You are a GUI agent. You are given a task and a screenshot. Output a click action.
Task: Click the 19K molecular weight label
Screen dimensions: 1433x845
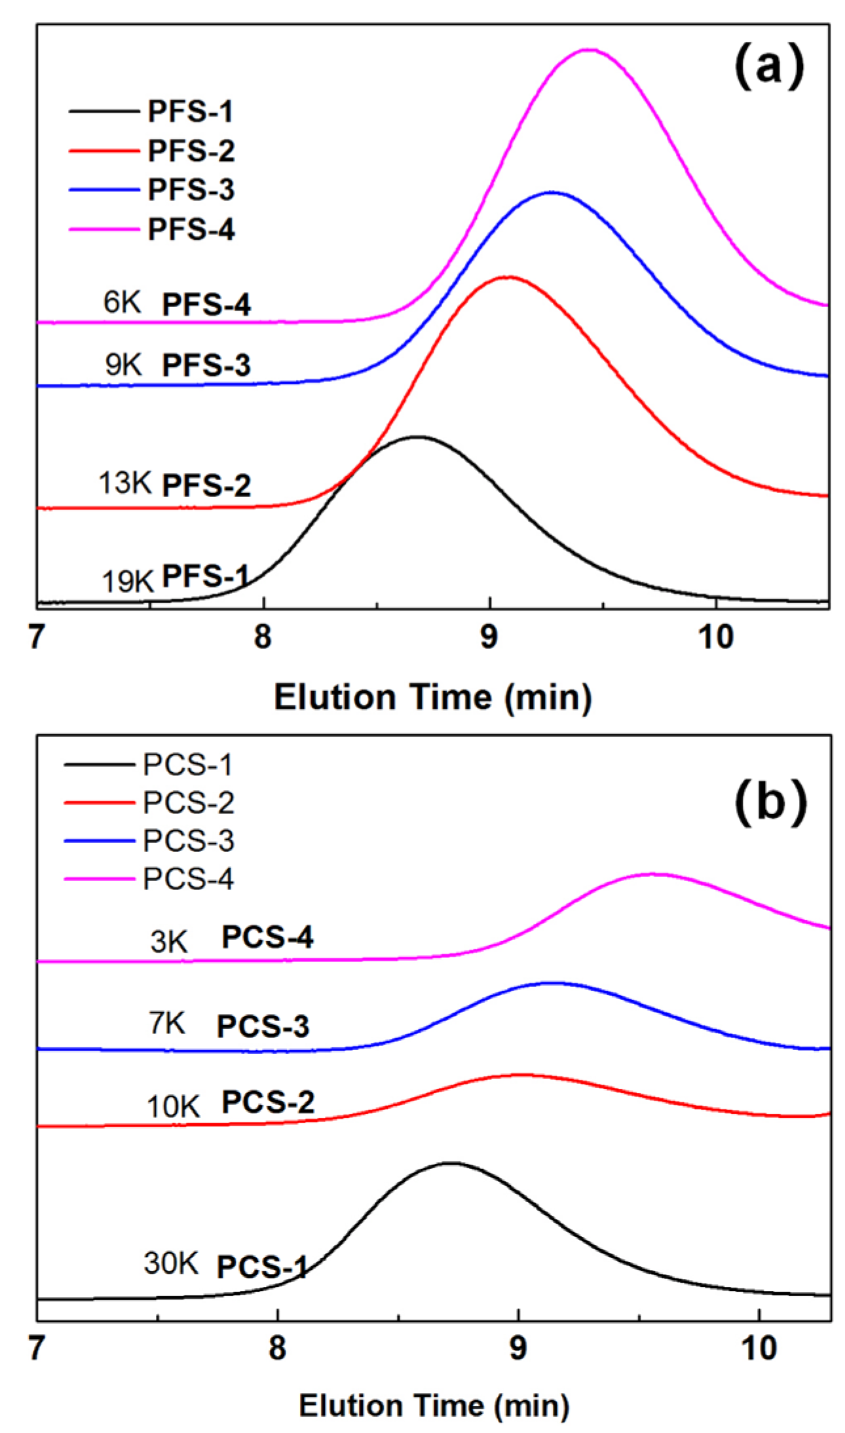coord(127,581)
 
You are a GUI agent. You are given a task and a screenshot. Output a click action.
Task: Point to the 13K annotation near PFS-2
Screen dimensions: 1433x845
coord(124,483)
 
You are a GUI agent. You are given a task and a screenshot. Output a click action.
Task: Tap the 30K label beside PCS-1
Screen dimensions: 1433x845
coord(170,1263)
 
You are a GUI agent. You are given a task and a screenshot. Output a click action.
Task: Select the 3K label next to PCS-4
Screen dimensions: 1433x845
coord(169,942)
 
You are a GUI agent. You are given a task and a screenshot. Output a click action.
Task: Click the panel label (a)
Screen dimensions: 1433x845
coord(768,67)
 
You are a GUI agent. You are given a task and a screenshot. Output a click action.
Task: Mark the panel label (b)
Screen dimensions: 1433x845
coord(770,802)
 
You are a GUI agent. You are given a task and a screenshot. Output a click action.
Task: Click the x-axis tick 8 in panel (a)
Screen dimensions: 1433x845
coord(263,637)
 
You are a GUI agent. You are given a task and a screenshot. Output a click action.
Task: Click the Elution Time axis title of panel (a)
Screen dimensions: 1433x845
coord(432,697)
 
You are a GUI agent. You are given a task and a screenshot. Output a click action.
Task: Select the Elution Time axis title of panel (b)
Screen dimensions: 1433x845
coord(434,1405)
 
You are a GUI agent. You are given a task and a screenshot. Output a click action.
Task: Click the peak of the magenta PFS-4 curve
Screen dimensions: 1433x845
coord(590,49)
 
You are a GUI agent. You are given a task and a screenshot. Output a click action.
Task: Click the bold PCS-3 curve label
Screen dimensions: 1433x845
coord(263,1026)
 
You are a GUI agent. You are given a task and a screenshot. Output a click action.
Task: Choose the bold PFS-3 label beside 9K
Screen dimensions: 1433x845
coord(206,365)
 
